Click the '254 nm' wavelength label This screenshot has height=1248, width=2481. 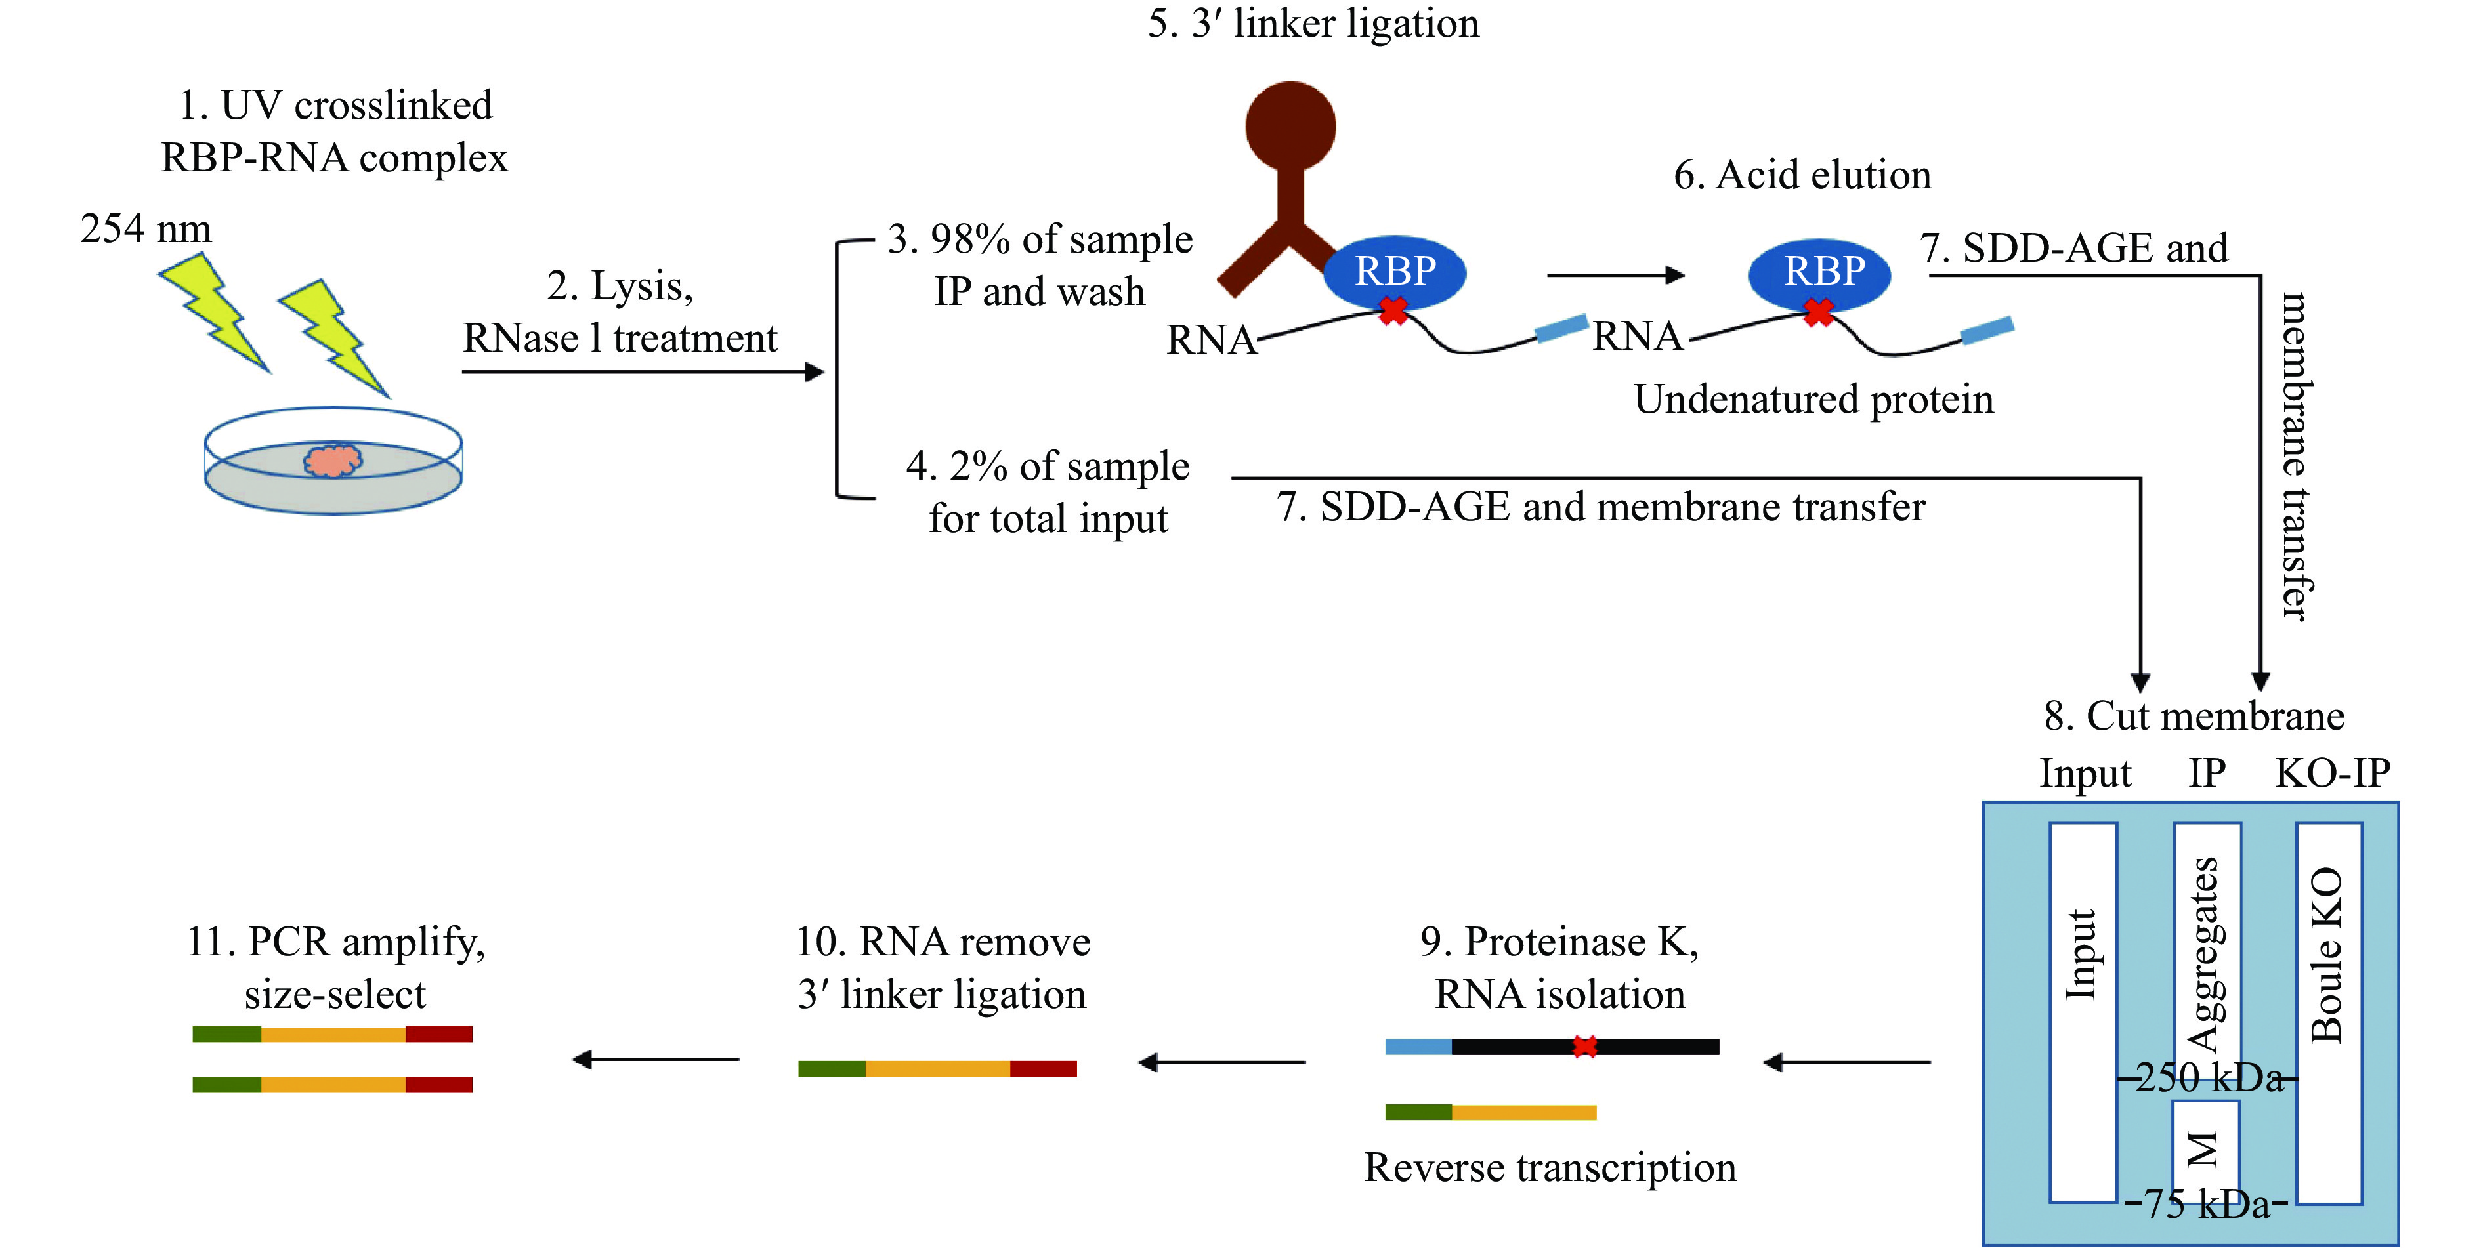click(146, 229)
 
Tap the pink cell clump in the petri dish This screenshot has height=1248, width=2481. click(333, 461)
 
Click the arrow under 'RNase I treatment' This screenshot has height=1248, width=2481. click(643, 371)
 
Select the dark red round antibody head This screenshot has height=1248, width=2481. click(1290, 126)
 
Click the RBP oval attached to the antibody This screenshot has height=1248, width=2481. click(1395, 272)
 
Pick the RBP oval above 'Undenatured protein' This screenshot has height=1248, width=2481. click(1819, 272)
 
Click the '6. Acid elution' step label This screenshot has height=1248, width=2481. click(1802, 175)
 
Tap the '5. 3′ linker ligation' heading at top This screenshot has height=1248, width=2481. click(1313, 23)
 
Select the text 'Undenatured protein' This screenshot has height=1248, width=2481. click(1813, 400)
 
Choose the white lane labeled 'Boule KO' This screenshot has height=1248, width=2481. click(2329, 1011)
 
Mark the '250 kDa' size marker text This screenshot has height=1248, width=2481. click(2207, 1077)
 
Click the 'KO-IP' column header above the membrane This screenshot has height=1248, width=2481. click(2333, 773)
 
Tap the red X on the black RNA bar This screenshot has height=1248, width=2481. click(1584, 1047)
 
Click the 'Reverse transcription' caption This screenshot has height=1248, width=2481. click(1550, 1168)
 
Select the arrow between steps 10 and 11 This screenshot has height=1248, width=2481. click(656, 1059)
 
